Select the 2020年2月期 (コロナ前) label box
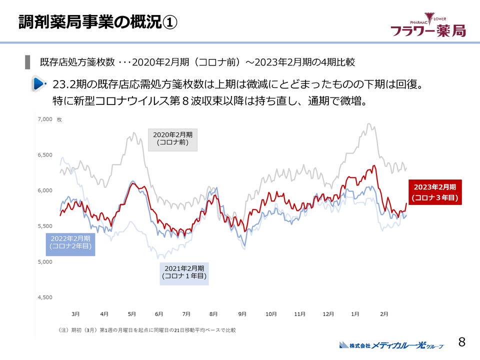coord(172,138)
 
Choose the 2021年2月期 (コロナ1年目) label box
coord(184,272)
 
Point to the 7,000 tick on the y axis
coord(45,119)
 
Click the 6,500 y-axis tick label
coord(45,155)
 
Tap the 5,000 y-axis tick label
coord(45,262)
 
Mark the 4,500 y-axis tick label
coord(45,297)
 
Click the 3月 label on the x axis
coord(75,314)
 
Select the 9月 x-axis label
coord(242,314)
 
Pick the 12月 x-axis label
coord(328,314)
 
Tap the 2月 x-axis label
coord(384,314)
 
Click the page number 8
coord(461,342)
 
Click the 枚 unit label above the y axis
coord(59,119)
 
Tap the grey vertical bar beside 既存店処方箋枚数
coord(27,62)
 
